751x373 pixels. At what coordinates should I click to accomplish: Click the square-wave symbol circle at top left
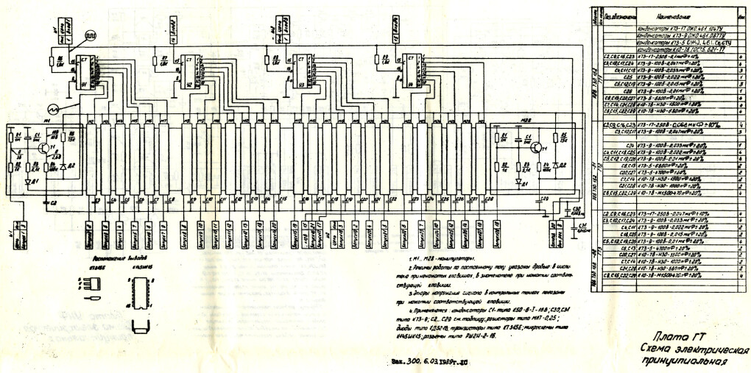tap(90, 34)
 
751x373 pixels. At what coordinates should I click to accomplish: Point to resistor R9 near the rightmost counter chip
tap(375, 58)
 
